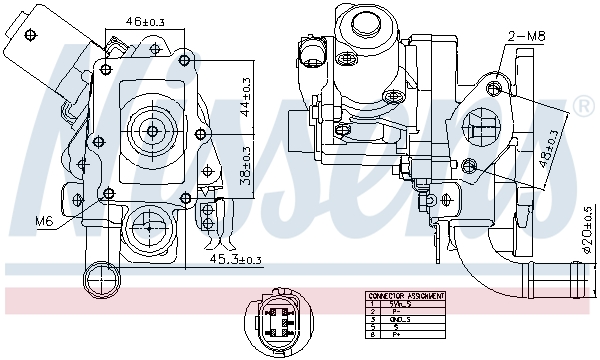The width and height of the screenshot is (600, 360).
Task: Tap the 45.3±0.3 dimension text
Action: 231,260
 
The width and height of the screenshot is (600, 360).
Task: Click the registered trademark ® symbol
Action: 582,106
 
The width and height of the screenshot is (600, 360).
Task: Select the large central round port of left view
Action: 153,130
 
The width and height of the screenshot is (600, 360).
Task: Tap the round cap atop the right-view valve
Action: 363,22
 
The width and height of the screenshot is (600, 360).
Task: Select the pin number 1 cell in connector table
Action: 373,304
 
